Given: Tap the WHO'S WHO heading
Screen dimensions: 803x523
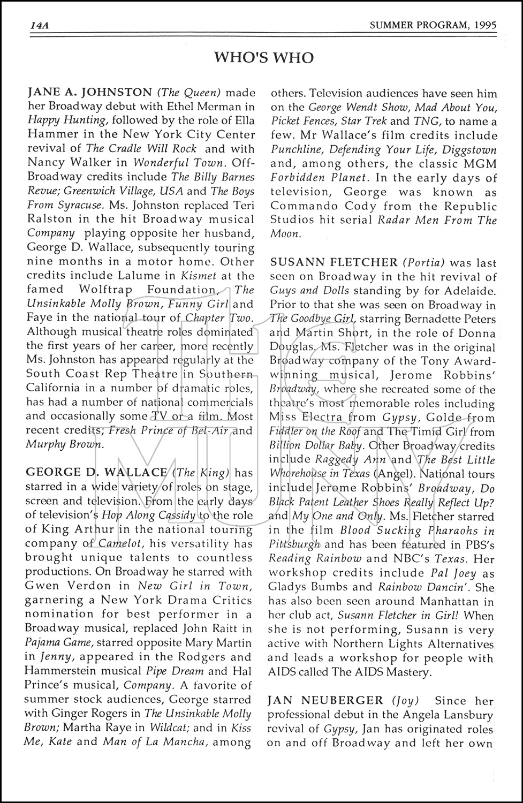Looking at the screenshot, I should pyautogui.click(x=263, y=57).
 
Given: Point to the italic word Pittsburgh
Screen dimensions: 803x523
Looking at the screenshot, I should pyautogui.click(x=295, y=544).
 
